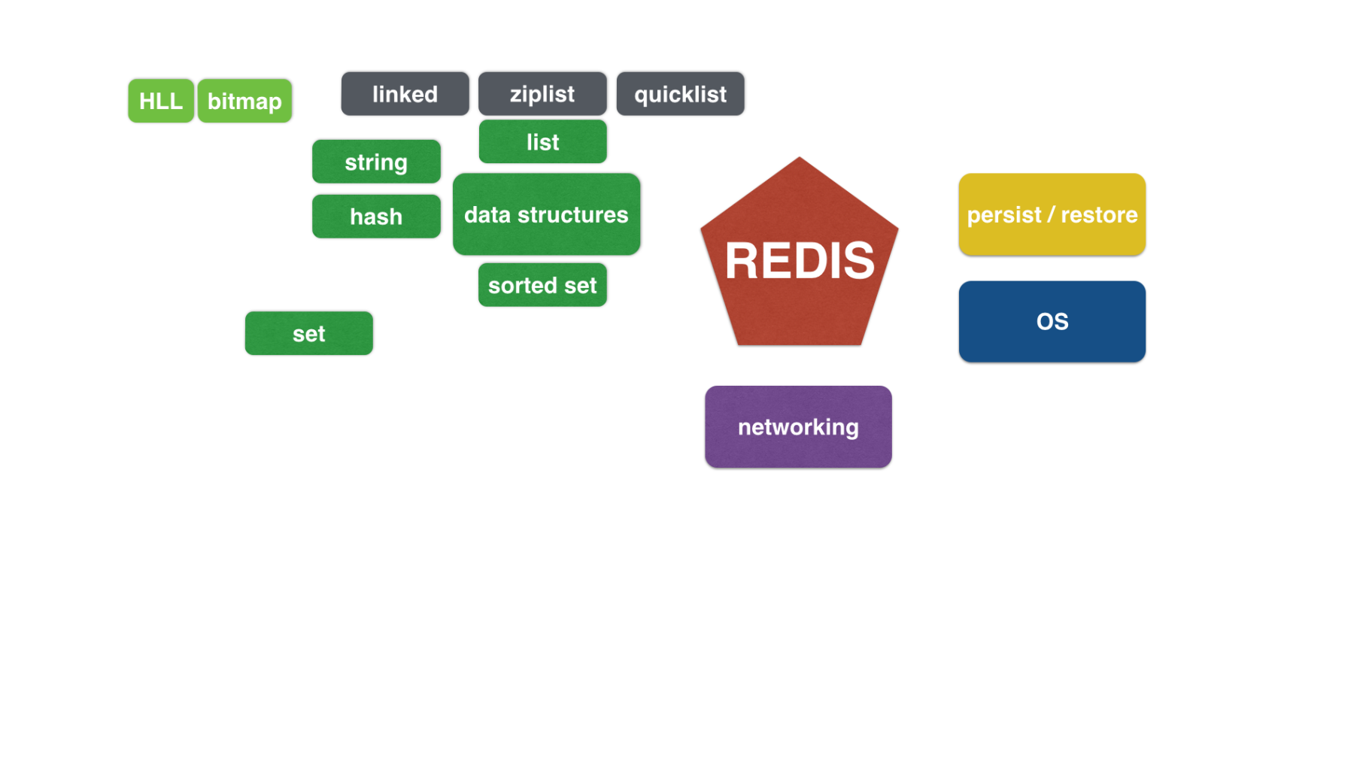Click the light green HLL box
161,101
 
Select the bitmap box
244,101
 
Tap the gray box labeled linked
405,94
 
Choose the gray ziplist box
542,94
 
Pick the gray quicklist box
680,94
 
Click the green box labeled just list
542,141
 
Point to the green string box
376,162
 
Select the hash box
376,217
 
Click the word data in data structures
487,215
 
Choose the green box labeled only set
308,333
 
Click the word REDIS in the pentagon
800,261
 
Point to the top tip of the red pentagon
800,157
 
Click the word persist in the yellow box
1004,216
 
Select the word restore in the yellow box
1099,215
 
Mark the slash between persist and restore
1052,215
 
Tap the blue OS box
1052,322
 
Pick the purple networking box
798,427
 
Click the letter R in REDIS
741,261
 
